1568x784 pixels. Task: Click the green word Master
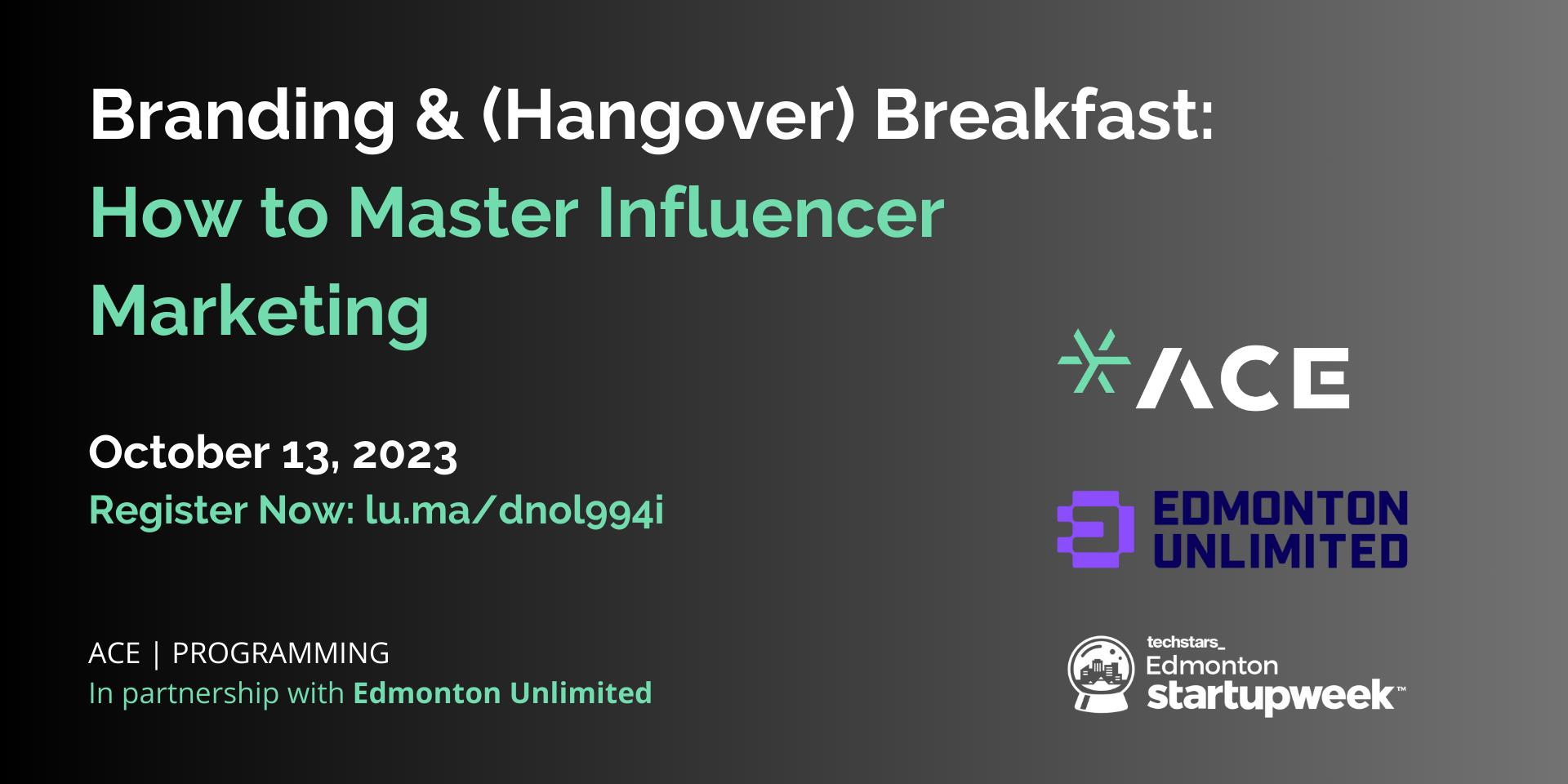463,213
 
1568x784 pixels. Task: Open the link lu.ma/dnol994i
514,510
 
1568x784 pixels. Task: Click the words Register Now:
220,511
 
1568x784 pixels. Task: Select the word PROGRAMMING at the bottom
281,653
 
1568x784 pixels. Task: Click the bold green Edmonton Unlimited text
502,693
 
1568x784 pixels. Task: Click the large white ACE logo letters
1242,378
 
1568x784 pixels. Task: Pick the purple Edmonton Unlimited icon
1095,528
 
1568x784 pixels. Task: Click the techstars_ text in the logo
1186,642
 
